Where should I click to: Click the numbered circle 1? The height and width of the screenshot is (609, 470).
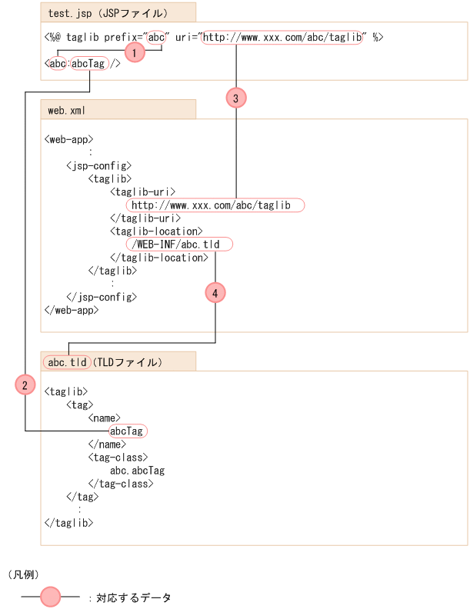tap(135, 52)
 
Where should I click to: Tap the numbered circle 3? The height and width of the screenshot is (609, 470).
tap(236, 98)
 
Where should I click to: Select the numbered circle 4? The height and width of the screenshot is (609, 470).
tap(215, 293)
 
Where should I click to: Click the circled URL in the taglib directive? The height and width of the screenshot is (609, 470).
tap(282, 36)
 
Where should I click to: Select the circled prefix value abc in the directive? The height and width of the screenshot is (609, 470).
tap(156, 36)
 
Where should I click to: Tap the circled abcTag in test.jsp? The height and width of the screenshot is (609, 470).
tap(88, 64)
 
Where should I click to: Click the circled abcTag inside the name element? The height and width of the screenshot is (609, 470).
tap(127, 431)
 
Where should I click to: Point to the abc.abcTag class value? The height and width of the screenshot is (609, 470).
tap(137, 470)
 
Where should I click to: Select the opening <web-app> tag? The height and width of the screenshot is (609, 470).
tap(69, 140)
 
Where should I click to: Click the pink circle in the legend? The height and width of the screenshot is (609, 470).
tap(50, 597)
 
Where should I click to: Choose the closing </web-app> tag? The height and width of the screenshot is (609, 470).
tap(72, 310)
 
